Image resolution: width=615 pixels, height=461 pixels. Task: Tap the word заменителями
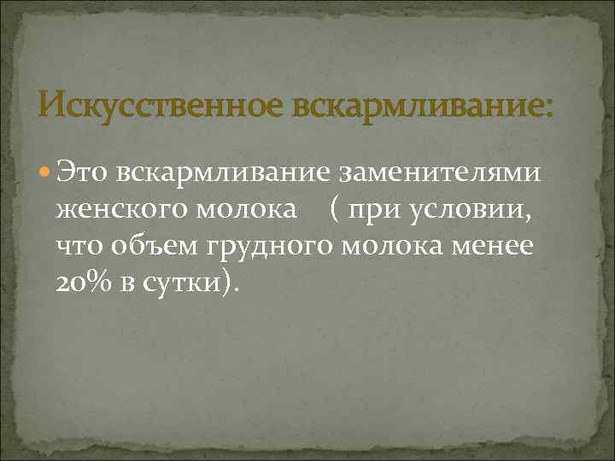[442, 173]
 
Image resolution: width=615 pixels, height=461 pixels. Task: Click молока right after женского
[251, 209]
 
